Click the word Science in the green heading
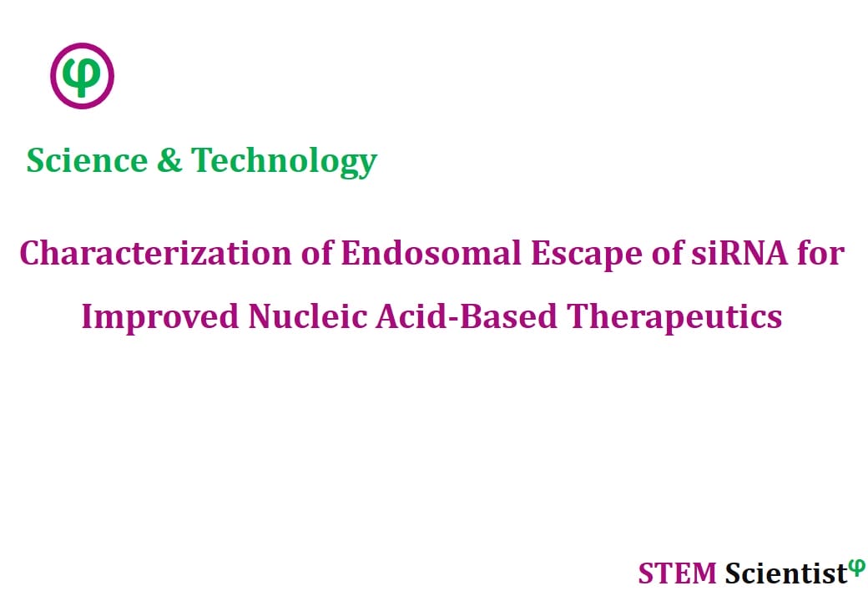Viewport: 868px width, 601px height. pyautogui.click(x=87, y=160)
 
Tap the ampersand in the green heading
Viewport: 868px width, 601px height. pyautogui.click(x=169, y=160)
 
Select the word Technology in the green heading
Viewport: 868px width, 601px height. pyautogui.click(x=284, y=162)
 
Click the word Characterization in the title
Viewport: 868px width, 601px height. pyautogui.click(x=155, y=254)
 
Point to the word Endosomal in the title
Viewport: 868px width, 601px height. pyautogui.click(x=431, y=254)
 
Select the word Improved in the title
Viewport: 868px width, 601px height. pyautogui.click(x=160, y=318)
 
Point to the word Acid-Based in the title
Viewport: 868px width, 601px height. pyautogui.click(x=467, y=316)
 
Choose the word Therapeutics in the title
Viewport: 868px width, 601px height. pyautogui.click(x=674, y=318)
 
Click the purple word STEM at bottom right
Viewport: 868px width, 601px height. pyautogui.click(x=677, y=573)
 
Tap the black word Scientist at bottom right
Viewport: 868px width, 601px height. pyautogui.click(x=786, y=573)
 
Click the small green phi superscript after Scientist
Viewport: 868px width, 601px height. pyautogui.click(x=857, y=568)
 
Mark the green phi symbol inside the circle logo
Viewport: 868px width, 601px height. pyautogui.click(x=82, y=76)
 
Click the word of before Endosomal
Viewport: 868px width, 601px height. pyautogui.click(x=316, y=254)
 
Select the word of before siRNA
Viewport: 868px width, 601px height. pyautogui.click(x=667, y=254)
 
